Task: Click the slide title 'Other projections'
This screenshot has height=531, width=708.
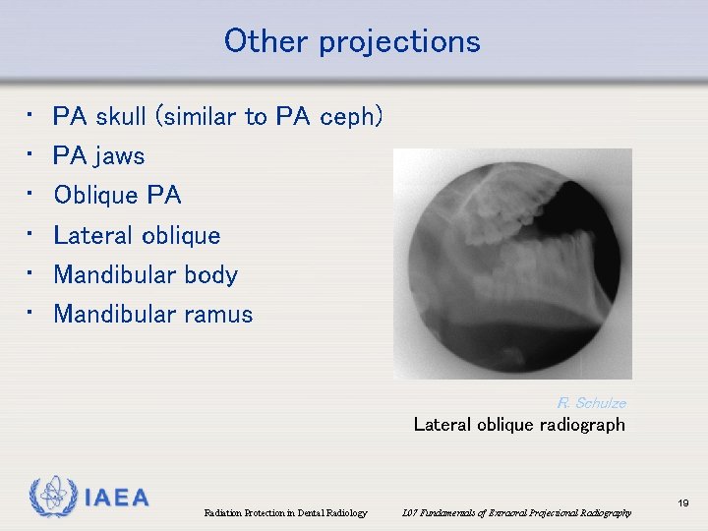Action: tap(352, 41)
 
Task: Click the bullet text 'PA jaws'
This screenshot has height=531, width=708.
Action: tap(99, 155)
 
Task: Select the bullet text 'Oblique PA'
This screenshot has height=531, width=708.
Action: tap(118, 195)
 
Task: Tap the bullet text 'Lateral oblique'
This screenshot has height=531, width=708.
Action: tap(137, 235)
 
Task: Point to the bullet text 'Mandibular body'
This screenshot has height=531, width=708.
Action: tap(146, 274)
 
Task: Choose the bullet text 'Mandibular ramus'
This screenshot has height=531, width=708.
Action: tap(153, 315)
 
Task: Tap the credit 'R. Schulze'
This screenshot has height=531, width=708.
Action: tap(591, 403)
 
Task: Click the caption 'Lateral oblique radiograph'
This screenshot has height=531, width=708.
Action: tap(519, 425)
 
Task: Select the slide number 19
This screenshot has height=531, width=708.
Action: tap(683, 503)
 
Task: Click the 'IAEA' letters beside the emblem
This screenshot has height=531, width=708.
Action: tap(116, 498)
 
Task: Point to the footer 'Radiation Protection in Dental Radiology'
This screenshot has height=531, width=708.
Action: tap(285, 513)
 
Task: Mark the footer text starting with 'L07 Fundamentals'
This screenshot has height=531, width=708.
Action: tap(517, 513)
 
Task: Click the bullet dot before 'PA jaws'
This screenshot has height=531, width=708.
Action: tap(30, 154)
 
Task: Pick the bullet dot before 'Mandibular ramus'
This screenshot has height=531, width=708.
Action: tap(30, 313)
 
